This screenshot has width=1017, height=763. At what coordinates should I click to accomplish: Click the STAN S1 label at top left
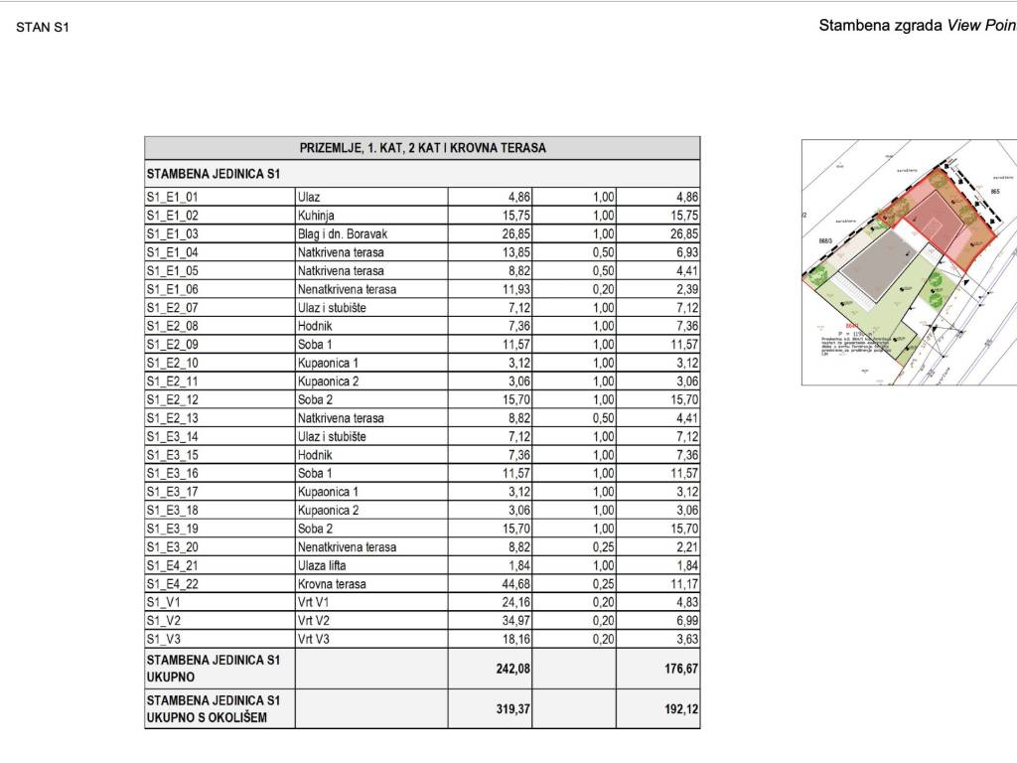pyautogui.click(x=43, y=27)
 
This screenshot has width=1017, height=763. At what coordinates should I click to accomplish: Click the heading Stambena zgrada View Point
pyautogui.click(x=917, y=26)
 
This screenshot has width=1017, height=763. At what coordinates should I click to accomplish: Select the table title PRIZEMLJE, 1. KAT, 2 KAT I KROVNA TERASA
pyautogui.click(x=422, y=148)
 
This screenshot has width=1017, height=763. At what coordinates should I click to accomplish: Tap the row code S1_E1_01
pyautogui.click(x=173, y=197)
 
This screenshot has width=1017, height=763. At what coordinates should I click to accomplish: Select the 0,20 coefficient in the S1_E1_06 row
pyautogui.click(x=603, y=289)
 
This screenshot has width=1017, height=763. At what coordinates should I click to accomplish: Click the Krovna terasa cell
pyautogui.click(x=332, y=584)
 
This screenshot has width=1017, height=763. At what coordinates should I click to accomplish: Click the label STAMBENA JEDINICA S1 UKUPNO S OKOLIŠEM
pyautogui.click(x=214, y=708)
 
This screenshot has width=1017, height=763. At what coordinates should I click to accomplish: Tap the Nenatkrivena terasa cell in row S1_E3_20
pyautogui.click(x=347, y=547)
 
